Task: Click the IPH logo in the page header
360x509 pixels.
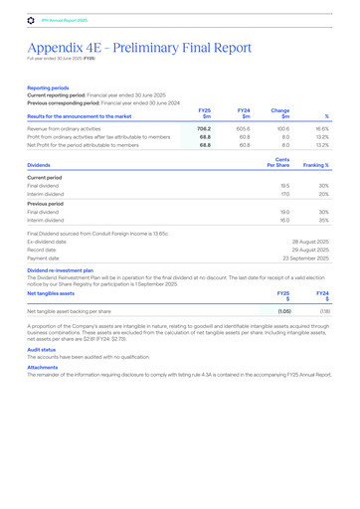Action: [31, 19]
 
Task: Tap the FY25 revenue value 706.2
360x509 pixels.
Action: [204, 129]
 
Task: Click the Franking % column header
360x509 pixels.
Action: [316, 165]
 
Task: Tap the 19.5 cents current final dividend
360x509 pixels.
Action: [284, 186]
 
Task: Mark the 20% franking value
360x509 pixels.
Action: [323, 195]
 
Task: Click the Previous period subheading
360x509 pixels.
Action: [47, 203]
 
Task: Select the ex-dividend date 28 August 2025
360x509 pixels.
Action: [310, 241]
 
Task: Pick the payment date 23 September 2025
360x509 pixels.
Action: [305, 257]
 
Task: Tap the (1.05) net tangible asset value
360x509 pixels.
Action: [283, 311]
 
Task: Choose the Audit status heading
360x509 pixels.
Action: [42, 350]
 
